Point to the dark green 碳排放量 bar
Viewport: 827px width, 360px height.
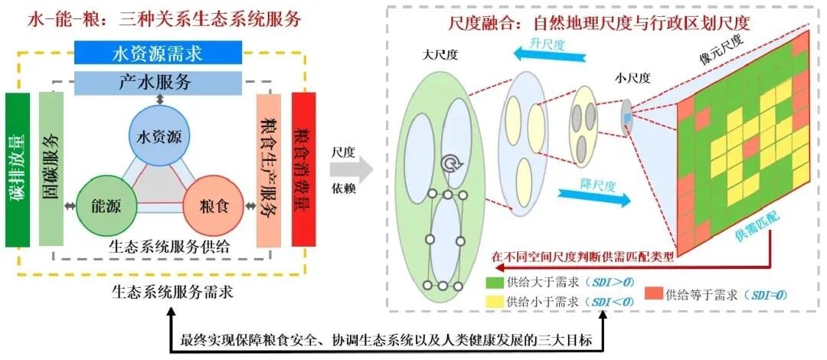(x=18, y=170)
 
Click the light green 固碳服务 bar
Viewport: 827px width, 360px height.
(x=51, y=170)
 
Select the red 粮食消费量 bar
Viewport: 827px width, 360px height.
(x=304, y=170)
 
